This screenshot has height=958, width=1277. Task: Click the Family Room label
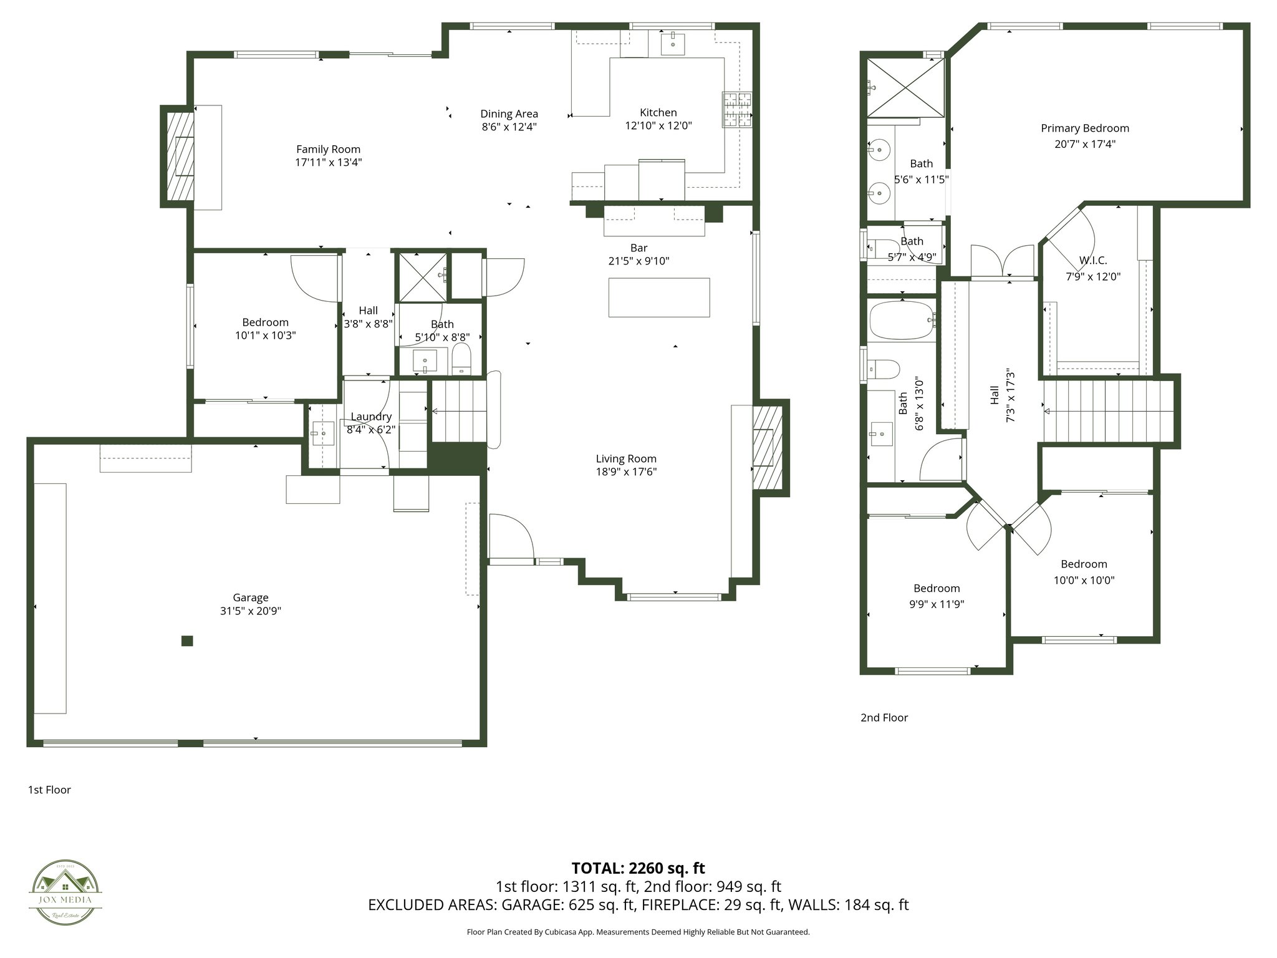(x=328, y=150)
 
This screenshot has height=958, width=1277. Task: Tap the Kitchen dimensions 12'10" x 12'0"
(x=658, y=125)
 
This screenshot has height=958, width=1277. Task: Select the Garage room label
(x=251, y=598)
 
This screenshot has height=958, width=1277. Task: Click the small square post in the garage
(x=187, y=641)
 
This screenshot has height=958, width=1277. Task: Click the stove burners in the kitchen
(x=738, y=110)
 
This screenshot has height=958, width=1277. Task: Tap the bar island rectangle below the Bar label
(x=659, y=298)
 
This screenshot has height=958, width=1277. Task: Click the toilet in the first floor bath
(x=461, y=360)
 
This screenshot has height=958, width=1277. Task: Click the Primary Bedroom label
(x=1084, y=128)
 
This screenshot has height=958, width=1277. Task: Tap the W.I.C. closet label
(x=1093, y=261)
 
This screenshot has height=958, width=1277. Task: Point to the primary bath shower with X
(x=905, y=88)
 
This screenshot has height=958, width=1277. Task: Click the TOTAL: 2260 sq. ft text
(x=638, y=868)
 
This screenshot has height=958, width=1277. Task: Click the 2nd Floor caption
(x=884, y=718)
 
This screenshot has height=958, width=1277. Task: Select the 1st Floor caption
(x=49, y=790)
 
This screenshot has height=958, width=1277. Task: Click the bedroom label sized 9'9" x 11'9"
(x=937, y=589)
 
